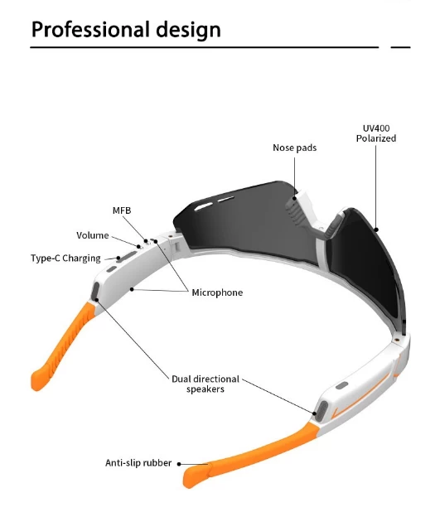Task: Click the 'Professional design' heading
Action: tap(126, 30)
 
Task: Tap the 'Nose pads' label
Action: tap(295, 148)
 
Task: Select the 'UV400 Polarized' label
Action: tap(376, 133)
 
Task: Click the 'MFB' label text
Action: tap(122, 210)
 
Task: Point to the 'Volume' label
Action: tap(93, 235)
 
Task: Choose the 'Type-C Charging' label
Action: tap(65, 258)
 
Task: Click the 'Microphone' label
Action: tap(217, 292)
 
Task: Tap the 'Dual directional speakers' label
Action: tap(205, 384)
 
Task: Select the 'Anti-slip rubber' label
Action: tap(138, 463)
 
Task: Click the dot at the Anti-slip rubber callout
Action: tap(179, 464)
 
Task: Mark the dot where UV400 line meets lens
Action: tap(376, 229)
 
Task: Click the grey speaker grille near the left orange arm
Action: tap(96, 291)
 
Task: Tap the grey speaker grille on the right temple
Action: tap(322, 410)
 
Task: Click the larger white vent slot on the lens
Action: tap(204, 206)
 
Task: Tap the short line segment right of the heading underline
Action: tap(400, 47)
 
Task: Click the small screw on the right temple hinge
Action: tap(396, 340)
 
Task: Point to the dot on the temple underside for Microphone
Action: tap(132, 289)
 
